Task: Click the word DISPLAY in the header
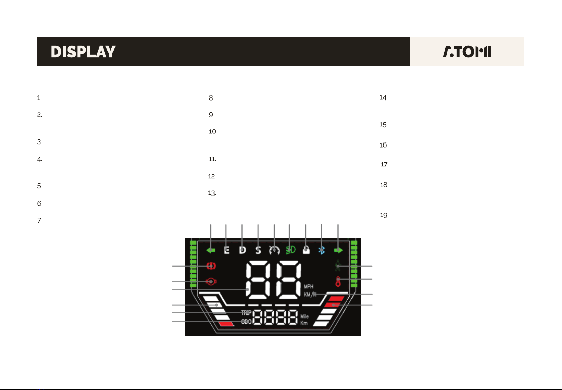[83, 52]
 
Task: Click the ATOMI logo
[467, 52]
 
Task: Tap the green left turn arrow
[211, 250]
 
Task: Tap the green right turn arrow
[338, 250]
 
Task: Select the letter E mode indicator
[226, 250]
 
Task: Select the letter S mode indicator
[258, 250]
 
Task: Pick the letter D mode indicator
[242, 250]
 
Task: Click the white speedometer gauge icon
[274, 250]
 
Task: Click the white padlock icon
[306, 250]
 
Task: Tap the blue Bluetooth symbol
[322, 250]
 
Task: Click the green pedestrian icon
[338, 266]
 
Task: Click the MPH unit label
[310, 286]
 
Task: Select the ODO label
[246, 322]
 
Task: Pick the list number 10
[213, 131]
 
